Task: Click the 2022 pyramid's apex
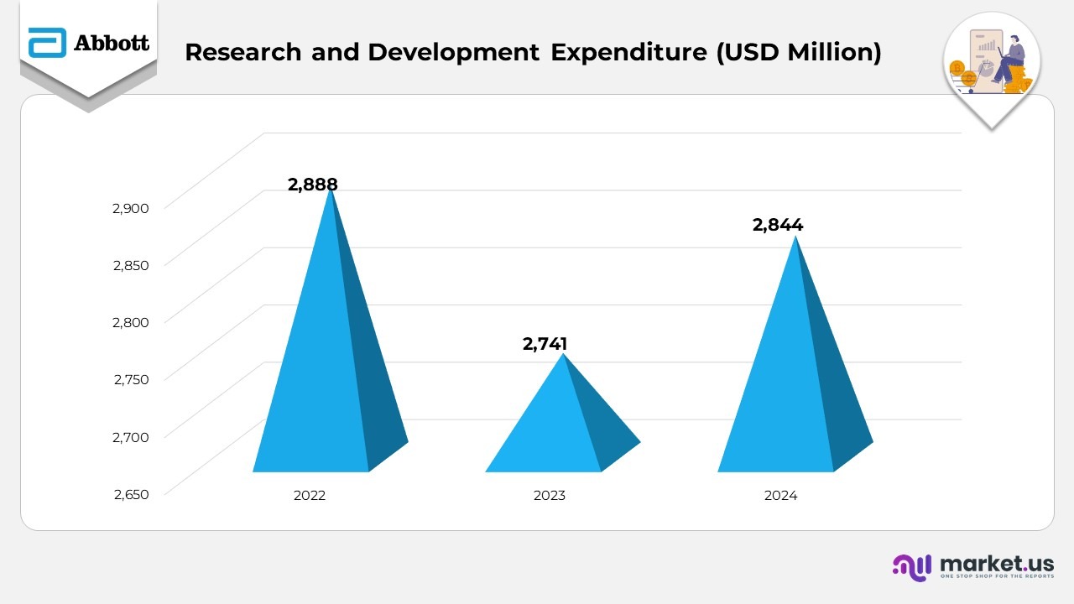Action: click(331, 192)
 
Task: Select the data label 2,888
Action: click(312, 185)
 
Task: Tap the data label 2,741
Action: click(545, 344)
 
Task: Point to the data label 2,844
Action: click(777, 225)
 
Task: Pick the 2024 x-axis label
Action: click(780, 496)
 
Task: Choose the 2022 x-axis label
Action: click(309, 496)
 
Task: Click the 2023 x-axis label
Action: click(550, 496)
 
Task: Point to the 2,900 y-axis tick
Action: click(130, 208)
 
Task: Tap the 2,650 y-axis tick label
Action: click(130, 494)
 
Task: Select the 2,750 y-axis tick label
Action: click(130, 379)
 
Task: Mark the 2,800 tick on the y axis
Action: click(130, 322)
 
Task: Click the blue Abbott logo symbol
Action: click(47, 43)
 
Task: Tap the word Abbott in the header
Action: click(112, 43)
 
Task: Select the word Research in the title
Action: click(242, 52)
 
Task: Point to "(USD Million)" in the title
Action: click(798, 52)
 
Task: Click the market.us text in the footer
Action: click(997, 563)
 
